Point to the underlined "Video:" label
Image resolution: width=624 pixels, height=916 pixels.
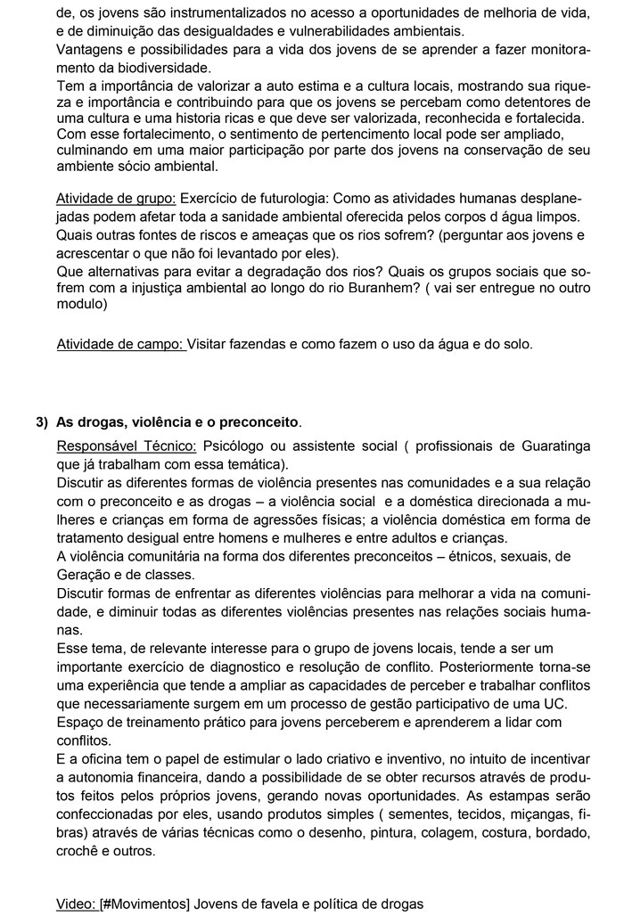tap(76, 904)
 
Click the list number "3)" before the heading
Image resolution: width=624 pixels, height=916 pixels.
tap(42, 421)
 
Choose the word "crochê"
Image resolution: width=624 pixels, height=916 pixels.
tap(78, 851)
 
